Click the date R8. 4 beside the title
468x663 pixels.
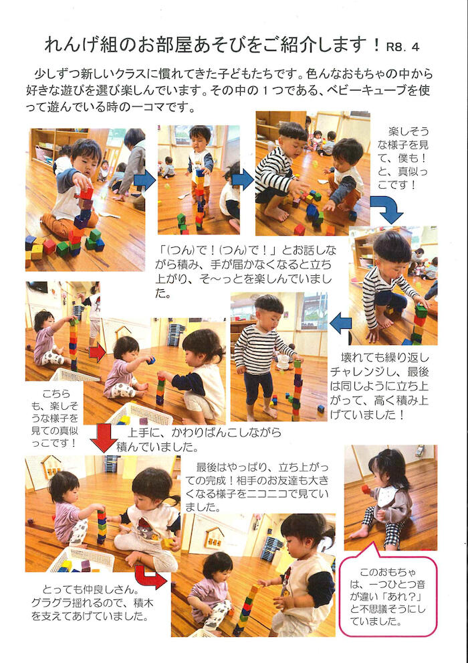pyautogui.click(x=402, y=47)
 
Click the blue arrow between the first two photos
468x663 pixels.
pyautogui.click(x=145, y=181)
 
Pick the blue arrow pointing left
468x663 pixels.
pyautogui.click(x=340, y=324)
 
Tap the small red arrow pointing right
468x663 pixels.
pyautogui.click(x=97, y=352)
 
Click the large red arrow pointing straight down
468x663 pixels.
pyautogui.click(x=104, y=439)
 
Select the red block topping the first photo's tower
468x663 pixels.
pyautogui.click(x=86, y=194)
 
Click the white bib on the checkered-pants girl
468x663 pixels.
pyautogui.click(x=387, y=495)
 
